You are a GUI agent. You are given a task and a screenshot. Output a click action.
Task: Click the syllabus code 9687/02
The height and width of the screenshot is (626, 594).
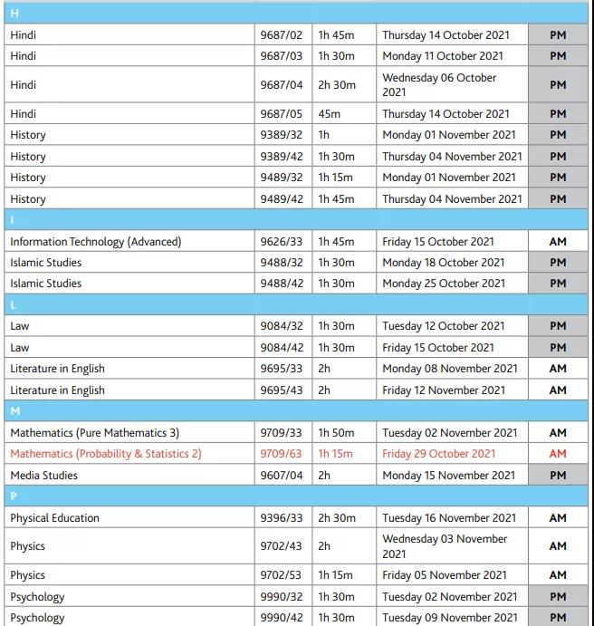[x=282, y=35]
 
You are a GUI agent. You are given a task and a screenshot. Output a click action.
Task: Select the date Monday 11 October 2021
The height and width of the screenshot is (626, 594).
[x=442, y=56]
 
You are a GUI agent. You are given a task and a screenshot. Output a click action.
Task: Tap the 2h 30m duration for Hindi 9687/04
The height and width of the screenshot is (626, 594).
[x=335, y=85]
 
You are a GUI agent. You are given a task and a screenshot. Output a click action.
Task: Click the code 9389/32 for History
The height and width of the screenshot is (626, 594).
[x=282, y=135]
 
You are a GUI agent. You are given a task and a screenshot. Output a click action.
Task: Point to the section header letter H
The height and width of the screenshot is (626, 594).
[x=14, y=14]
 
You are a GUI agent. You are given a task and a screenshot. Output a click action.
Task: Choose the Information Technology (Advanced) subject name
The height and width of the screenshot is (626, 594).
[x=95, y=242]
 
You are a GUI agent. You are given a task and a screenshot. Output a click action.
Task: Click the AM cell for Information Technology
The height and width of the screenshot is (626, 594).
[x=558, y=242]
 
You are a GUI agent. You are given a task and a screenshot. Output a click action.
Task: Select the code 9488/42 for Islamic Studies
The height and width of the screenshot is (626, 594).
[x=282, y=284]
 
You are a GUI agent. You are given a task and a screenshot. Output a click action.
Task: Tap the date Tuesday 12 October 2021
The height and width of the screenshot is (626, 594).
[x=443, y=326]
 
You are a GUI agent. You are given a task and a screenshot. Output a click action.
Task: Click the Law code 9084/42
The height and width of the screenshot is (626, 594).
[x=282, y=348]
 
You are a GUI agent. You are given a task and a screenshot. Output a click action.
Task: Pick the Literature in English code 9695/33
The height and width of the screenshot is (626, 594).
[x=282, y=369]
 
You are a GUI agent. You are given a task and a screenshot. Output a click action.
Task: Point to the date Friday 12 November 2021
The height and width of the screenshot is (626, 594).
[x=444, y=390]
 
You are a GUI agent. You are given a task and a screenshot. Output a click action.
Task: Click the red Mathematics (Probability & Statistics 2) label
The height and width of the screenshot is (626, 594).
[x=106, y=454]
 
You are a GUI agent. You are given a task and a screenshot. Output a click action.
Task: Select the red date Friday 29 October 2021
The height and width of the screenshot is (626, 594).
[x=438, y=454]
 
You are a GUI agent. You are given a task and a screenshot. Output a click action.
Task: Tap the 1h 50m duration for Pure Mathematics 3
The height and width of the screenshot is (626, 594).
[x=335, y=433]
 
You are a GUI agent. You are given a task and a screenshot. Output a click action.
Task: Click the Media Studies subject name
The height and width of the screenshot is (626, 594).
[x=43, y=476]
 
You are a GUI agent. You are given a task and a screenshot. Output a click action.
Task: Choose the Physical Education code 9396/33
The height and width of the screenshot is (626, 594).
[x=282, y=518]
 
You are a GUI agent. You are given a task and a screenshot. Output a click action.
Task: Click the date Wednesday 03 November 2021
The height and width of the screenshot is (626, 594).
[x=445, y=546]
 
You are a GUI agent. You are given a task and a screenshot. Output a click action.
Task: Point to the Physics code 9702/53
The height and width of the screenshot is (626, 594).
[x=282, y=575]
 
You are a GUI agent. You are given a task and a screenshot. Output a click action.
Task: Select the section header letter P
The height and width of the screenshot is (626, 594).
[x=14, y=496]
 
